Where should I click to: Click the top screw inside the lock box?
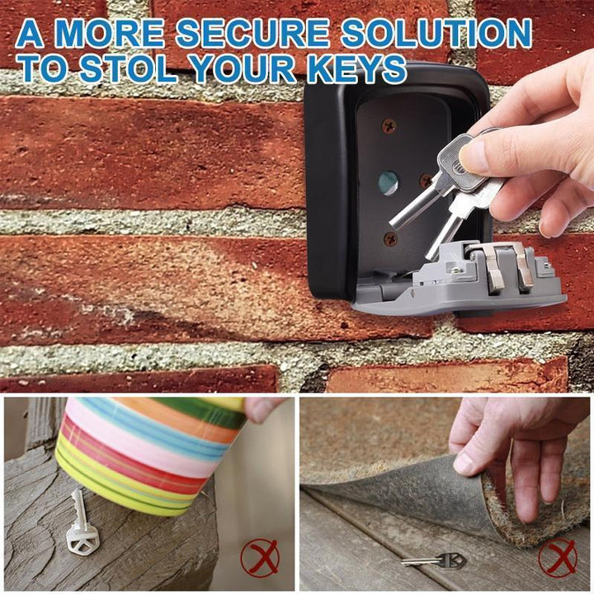389,125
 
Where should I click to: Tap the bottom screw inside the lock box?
390,238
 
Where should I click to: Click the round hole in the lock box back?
389,182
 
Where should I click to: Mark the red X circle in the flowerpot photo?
260,558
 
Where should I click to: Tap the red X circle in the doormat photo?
558,558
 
